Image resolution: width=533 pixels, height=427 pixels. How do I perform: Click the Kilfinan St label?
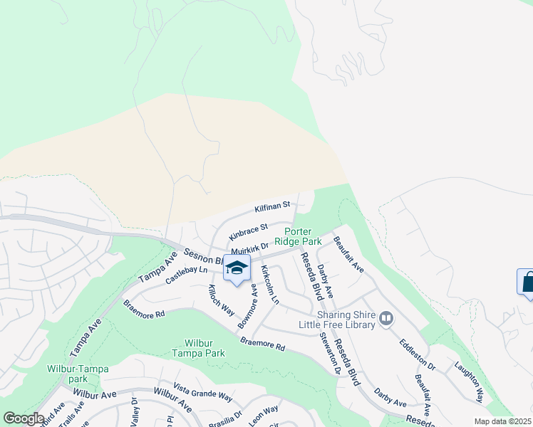[272, 207]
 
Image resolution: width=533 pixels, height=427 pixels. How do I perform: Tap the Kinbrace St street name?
[248, 231]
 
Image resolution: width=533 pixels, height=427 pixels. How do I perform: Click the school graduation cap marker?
[237, 268]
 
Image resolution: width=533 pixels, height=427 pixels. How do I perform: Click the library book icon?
[386, 318]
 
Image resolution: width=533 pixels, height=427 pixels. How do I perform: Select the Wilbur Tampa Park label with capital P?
[199, 348]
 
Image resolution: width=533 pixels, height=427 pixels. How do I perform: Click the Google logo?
[24, 418]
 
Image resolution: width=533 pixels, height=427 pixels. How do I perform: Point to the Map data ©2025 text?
[502, 421]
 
